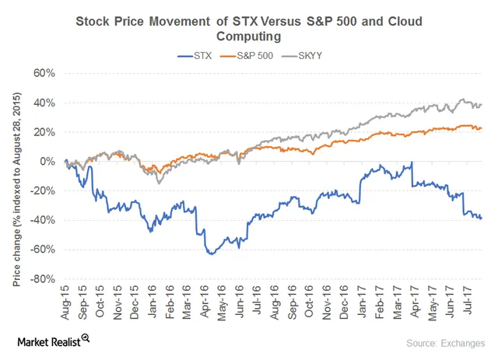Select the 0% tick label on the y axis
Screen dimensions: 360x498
tap(46, 162)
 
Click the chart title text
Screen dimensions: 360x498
tap(249, 29)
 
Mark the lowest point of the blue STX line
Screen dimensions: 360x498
tap(209, 254)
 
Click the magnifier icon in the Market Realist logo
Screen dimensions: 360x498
tap(86, 337)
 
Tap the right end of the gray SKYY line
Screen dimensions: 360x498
tap(482, 104)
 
